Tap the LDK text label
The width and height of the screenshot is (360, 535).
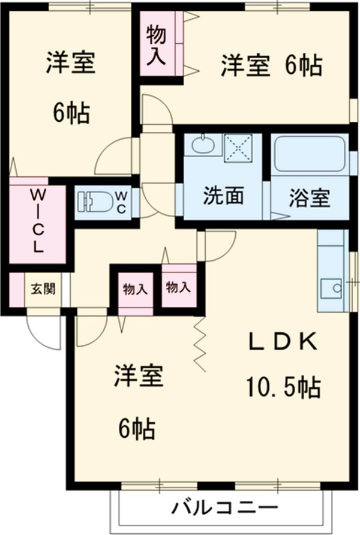click(x=283, y=342)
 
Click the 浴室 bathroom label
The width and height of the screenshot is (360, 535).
click(x=309, y=198)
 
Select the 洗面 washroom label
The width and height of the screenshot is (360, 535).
click(x=223, y=197)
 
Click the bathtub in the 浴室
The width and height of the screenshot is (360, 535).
click(x=309, y=154)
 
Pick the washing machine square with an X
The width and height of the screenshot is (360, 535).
click(x=239, y=148)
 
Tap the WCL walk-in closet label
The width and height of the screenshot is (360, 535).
click(x=37, y=220)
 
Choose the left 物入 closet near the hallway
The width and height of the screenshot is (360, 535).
click(x=135, y=289)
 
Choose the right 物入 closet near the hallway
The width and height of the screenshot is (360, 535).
click(x=178, y=287)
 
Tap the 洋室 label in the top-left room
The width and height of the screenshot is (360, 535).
click(x=71, y=64)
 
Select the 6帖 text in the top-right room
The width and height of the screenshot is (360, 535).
click(x=302, y=66)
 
